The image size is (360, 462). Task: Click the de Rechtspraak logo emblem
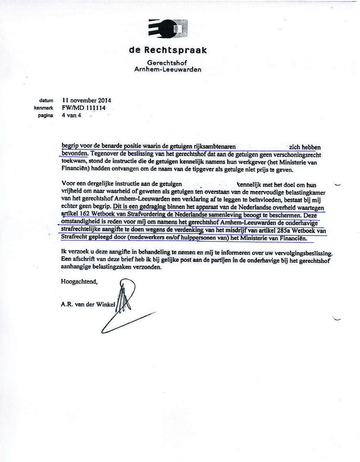point(168,29)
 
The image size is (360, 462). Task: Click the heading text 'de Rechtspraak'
point(168,50)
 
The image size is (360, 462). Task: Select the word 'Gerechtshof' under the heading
point(167,63)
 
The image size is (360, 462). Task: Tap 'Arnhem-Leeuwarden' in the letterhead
point(168,69)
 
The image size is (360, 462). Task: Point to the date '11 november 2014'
point(86,101)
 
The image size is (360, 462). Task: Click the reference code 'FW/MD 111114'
point(83,108)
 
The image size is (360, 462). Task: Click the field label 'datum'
point(46,101)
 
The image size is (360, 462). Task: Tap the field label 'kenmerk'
point(44,108)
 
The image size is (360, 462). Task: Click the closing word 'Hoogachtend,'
point(79,282)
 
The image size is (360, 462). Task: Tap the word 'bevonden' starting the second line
point(74,153)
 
